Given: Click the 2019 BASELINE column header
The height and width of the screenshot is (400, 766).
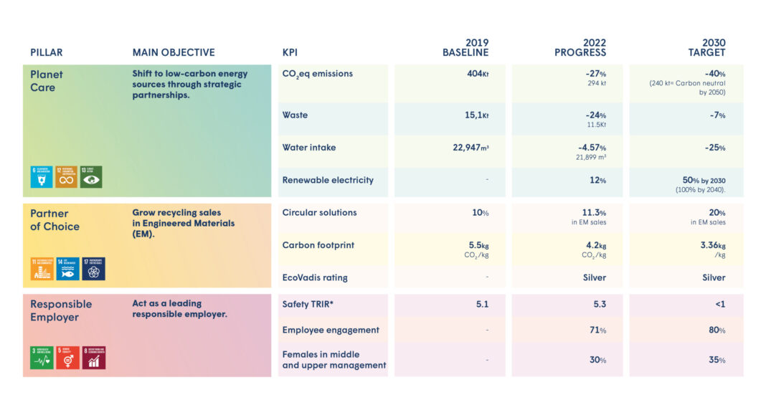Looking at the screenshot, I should coord(465,47).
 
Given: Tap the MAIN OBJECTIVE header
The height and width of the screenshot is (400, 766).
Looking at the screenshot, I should coord(173,52).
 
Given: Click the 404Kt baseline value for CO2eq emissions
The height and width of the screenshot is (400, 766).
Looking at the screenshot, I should coord(474,74).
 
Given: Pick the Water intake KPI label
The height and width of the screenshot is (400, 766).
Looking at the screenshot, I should coord(308,148).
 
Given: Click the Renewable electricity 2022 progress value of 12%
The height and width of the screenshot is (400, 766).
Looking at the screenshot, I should coord(597,180).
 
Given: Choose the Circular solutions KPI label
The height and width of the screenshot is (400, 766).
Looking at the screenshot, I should coord(319,212).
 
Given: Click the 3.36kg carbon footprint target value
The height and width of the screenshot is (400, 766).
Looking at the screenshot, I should coord(712,245).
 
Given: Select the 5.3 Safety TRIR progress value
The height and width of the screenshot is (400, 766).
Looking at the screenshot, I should coord(599,304).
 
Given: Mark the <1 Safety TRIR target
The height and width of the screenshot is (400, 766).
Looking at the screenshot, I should coord(719,304).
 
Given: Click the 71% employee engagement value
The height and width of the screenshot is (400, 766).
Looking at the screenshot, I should coord(597,330).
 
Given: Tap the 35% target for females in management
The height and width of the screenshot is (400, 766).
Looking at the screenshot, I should coord(717,360).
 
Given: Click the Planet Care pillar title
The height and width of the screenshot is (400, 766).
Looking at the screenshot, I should coord(47,80).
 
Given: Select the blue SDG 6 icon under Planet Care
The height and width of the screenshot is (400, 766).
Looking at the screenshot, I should coord(41,176).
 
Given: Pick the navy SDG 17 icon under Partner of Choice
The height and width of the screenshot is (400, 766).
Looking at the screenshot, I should coord(93,269).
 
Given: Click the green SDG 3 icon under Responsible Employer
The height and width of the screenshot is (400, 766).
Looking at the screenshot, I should coord(41,357).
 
